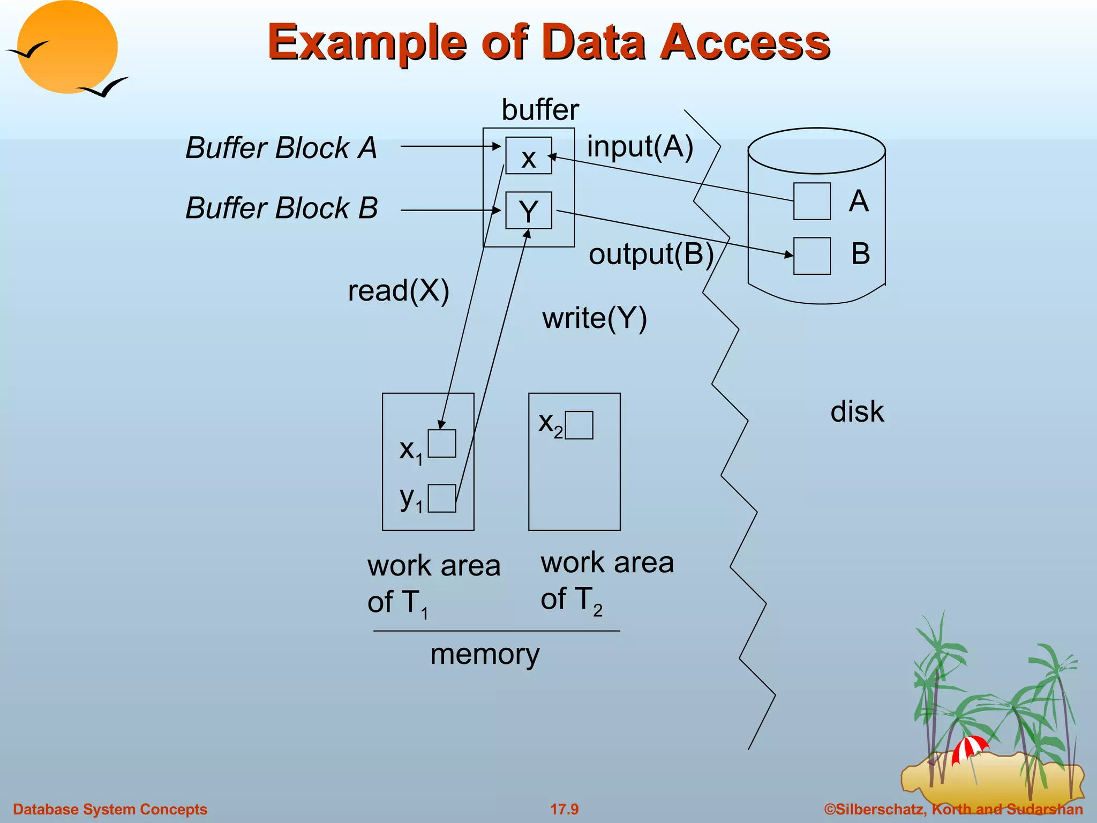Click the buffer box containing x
click(528, 156)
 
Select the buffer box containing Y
click(528, 211)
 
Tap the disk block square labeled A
click(812, 201)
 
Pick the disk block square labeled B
click(812, 256)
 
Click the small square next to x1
click(442, 444)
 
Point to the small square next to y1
click(442, 498)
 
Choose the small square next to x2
click(579, 425)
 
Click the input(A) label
click(640, 146)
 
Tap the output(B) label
click(651, 254)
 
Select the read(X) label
click(399, 291)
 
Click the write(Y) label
click(595, 318)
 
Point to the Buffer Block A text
click(281, 148)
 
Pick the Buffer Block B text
click(282, 208)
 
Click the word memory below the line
click(485, 654)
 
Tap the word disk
click(857, 412)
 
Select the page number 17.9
click(565, 809)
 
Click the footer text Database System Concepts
click(110, 809)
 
